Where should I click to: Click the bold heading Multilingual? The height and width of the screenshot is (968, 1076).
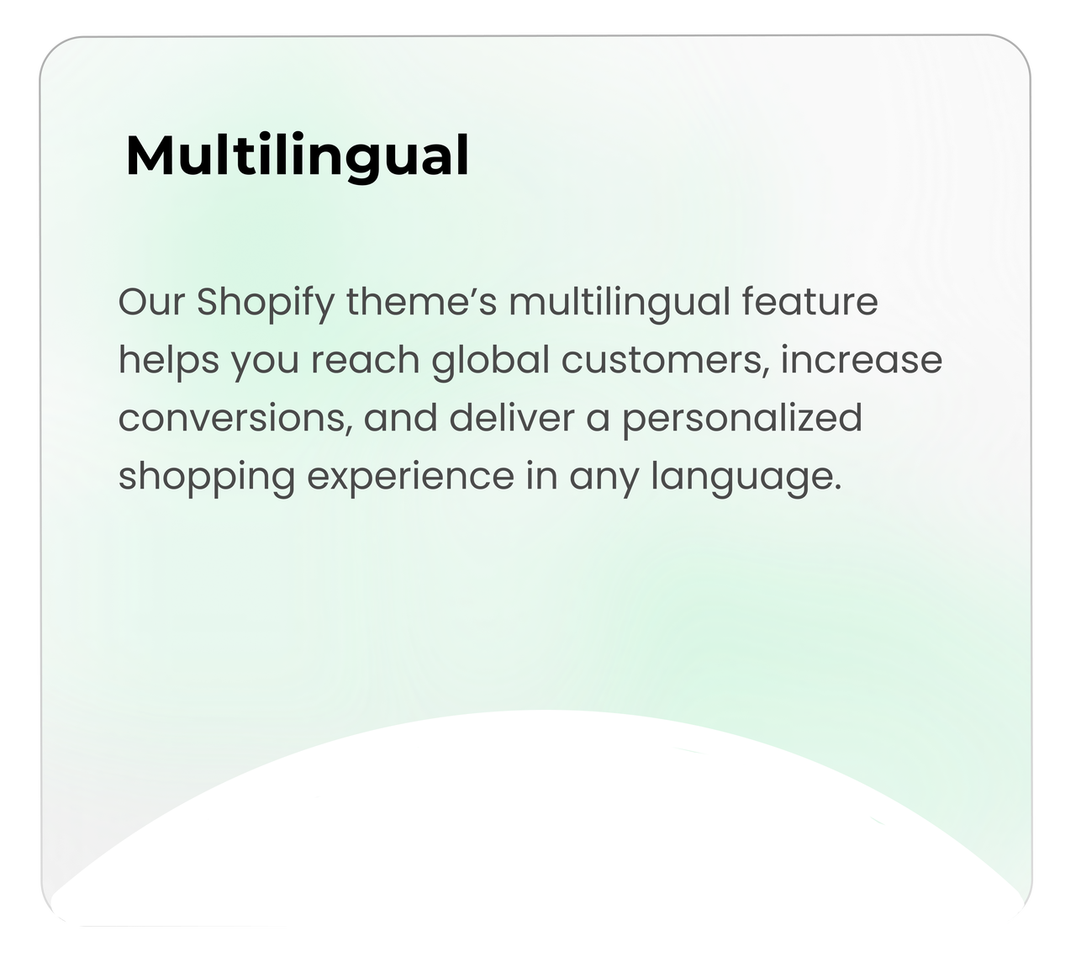point(297,156)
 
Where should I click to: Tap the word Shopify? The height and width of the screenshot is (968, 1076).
point(266,304)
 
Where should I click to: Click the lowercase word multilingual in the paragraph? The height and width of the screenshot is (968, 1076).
point(620,304)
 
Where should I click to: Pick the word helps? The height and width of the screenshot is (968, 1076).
point(168,361)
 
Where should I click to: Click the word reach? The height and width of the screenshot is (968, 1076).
point(365,359)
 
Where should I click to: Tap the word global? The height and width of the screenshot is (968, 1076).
point(491,361)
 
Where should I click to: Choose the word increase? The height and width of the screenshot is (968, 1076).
point(862,359)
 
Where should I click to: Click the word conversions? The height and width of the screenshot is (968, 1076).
point(235,418)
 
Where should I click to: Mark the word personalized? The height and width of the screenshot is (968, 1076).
point(741,419)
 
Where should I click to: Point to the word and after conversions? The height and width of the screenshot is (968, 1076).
point(400,417)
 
